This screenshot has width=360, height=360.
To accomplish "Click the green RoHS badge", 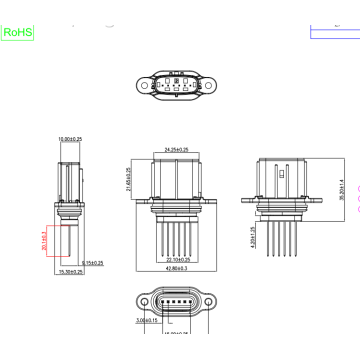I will coord(17,32).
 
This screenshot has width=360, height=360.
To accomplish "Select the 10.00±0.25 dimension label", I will coord(70,139).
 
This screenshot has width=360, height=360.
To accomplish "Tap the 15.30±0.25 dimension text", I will coord(70,272).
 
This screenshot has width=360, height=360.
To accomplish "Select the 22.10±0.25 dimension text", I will coord(179,261).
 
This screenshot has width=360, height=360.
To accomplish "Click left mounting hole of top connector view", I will coord(146,87).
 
